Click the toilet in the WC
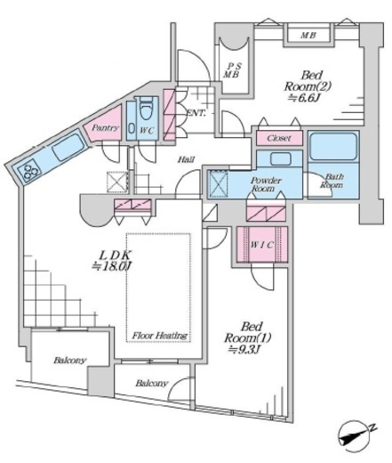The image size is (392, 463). (145, 110)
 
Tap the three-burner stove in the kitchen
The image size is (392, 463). (28, 170)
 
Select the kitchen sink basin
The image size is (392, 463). (68, 147)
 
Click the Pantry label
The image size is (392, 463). (105, 128)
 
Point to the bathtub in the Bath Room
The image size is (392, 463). (333, 147)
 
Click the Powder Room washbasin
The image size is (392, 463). (280, 159)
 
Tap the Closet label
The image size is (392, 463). (279, 138)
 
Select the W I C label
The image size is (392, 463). (261, 245)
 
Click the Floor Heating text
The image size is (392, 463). (160, 336)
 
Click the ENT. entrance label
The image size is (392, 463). (196, 113)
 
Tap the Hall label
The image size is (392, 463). (186, 159)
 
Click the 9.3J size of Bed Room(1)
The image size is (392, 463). (244, 350)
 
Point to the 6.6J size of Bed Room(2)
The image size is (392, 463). (305, 98)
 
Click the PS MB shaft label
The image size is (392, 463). (231, 70)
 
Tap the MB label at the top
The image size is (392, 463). (308, 36)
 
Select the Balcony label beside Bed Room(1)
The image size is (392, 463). (152, 383)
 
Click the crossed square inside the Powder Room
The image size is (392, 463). (218, 184)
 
